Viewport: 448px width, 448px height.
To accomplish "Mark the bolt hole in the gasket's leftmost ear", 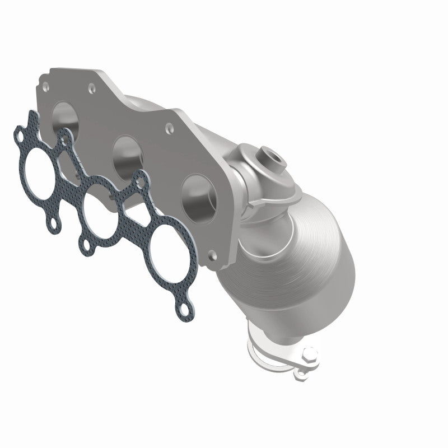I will (x=20, y=136).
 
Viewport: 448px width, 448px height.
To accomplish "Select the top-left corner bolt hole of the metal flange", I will (x=44, y=87).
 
